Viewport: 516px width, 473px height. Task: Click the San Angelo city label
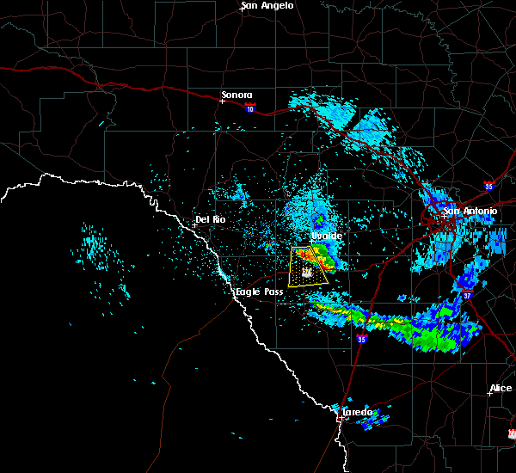[x=267, y=6]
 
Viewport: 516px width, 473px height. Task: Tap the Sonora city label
[x=237, y=95]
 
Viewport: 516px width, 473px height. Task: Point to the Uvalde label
[x=326, y=235]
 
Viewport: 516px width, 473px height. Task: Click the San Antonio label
[x=470, y=211]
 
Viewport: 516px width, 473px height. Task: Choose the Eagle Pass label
[x=260, y=292]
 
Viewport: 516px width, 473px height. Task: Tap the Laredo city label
[x=357, y=412]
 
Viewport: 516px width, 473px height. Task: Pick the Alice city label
[x=501, y=389]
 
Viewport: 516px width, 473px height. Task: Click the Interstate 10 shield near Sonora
[x=249, y=108]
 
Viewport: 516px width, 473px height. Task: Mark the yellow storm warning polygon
[x=310, y=267]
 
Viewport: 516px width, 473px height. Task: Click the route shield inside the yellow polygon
[x=305, y=271]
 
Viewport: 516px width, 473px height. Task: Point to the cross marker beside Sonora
[x=222, y=101]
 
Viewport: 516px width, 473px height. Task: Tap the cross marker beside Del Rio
[x=195, y=225]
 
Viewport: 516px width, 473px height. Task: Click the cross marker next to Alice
[x=489, y=394]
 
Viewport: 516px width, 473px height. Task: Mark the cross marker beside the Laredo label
[x=342, y=418]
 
